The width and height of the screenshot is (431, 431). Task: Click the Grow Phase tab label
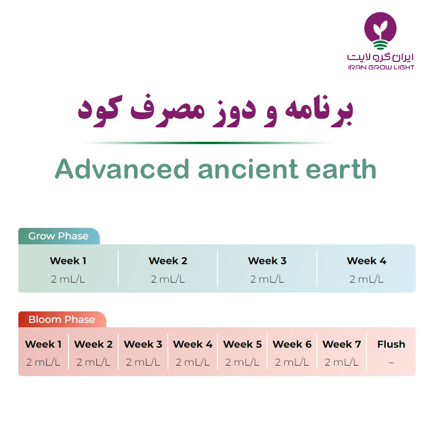tap(58, 236)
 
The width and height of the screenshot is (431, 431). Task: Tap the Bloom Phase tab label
tap(62, 319)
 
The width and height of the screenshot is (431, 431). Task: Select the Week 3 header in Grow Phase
tap(267, 261)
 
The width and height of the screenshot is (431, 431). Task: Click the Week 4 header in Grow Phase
tap(366, 261)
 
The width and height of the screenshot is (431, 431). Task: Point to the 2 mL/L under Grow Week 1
tap(68, 279)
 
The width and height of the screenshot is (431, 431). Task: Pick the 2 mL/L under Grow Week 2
tap(168, 279)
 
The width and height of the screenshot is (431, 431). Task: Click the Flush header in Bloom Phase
tap(391, 344)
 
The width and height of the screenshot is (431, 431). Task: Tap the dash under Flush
tap(391, 363)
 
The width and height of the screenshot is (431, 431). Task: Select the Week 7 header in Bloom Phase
tap(341, 344)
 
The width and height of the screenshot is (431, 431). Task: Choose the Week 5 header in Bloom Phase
tap(242, 344)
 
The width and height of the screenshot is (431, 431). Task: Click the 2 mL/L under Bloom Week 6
tap(292, 363)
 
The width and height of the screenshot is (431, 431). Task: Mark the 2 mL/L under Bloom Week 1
tap(43, 363)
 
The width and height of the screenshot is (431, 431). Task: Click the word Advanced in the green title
tap(122, 169)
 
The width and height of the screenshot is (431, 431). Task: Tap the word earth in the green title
tap(341, 169)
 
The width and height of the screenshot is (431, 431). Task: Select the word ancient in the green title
tap(248, 169)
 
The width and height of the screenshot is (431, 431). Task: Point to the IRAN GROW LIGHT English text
tap(381, 68)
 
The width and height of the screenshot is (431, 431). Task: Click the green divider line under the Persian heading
tap(208, 143)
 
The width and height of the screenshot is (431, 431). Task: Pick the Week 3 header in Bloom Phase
tap(143, 344)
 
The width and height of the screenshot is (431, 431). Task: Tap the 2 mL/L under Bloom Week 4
tap(193, 363)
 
